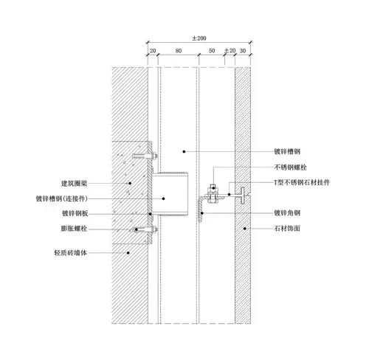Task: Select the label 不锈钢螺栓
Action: point(289,166)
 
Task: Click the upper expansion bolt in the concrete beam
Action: point(145,156)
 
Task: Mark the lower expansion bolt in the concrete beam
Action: point(145,232)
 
